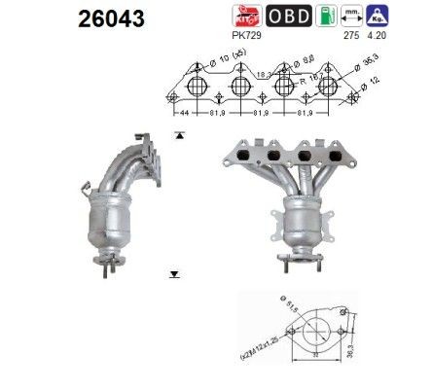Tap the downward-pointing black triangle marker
point(173,277)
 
